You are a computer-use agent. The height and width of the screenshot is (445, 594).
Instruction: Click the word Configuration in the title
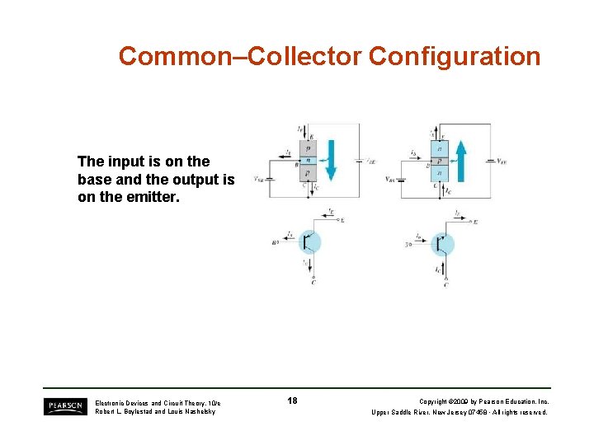pos(455,57)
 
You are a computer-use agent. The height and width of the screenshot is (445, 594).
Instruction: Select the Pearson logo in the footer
pos(64,406)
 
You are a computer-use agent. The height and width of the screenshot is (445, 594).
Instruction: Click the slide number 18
pos(292,401)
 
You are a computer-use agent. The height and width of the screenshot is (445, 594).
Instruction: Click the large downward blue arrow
pos(330,160)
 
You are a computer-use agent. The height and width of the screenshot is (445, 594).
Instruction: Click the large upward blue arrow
pos(462,160)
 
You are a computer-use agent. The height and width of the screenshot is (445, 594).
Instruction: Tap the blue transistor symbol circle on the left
pos(309,241)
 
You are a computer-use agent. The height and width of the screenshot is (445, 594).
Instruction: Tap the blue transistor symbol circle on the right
pos(443,244)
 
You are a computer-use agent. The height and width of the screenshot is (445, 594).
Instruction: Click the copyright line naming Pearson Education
pos(483,402)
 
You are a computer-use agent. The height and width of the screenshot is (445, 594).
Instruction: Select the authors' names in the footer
pos(155,411)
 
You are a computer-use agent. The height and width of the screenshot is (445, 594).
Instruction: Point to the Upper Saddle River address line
pos(460,412)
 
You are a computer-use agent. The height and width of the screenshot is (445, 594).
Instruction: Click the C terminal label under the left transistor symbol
pos(313,283)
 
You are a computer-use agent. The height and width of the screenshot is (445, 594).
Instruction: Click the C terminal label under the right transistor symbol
pos(445,284)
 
